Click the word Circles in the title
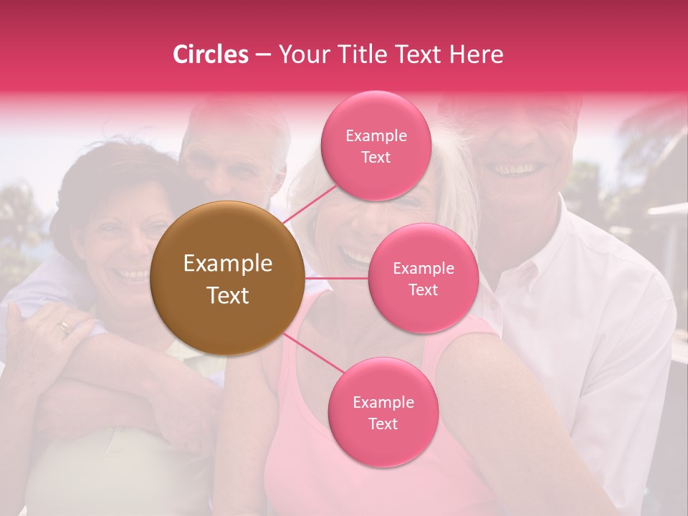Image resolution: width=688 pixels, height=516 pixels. click(211, 54)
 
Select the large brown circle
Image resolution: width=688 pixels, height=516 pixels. click(227, 278)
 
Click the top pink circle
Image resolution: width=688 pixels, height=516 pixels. click(376, 146)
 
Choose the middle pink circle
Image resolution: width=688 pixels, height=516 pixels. click(423, 278)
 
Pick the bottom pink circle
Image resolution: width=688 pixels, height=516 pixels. click(383, 412)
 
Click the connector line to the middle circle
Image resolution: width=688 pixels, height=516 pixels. click(337, 278)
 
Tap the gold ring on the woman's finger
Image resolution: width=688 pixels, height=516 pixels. click(64, 328)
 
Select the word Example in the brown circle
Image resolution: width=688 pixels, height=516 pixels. click(228, 264)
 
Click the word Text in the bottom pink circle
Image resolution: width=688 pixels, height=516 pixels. click(383, 424)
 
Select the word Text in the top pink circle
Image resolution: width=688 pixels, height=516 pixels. click(376, 157)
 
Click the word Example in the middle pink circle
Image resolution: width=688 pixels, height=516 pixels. click(423, 268)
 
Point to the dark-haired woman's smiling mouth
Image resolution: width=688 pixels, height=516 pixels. click(133, 274)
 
